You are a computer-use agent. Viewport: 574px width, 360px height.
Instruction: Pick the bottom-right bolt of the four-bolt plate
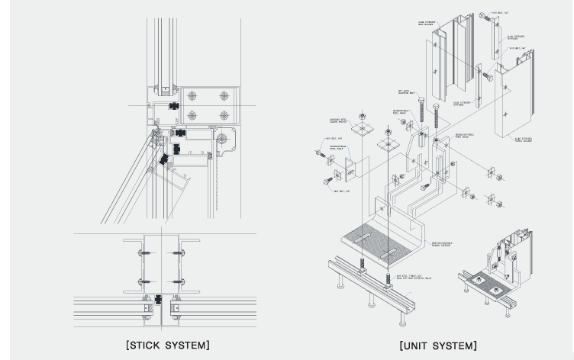(224, 116)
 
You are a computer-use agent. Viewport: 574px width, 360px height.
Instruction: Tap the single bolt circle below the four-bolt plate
(223, 138)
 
